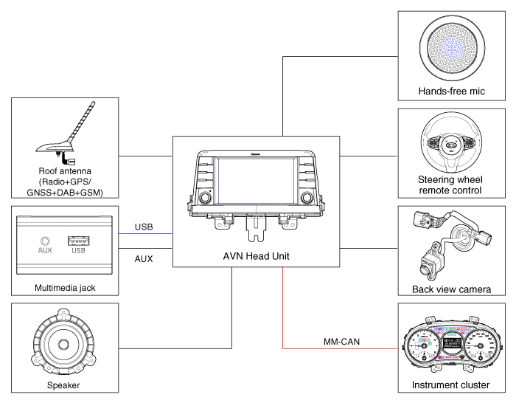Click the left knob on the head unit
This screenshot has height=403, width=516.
pyautogui.click(x=204, y=197)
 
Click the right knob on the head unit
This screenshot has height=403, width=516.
pyautogui.click(x=306, y=197)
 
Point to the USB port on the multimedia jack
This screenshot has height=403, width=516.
pyautogui.click(x=79, y=240)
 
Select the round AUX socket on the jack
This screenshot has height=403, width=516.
pyautogui.click(x=45, y=240)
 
